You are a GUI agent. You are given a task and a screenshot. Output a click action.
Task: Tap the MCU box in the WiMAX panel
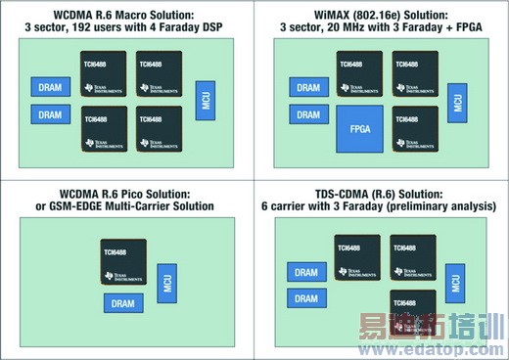pyautogui.click(x=456, y=99)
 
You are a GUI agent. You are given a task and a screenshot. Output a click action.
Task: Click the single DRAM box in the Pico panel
pyautogui.click(x=122, y=304)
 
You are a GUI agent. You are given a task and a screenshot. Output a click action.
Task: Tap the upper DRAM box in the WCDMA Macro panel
pyautogui.click(x=49, y=87)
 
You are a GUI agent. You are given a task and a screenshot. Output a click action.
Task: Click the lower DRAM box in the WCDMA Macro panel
pyautogui.click(x=49, y=114)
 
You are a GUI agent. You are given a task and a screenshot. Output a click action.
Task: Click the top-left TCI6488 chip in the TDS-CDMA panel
pyautogui.click(x=356, y=256)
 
